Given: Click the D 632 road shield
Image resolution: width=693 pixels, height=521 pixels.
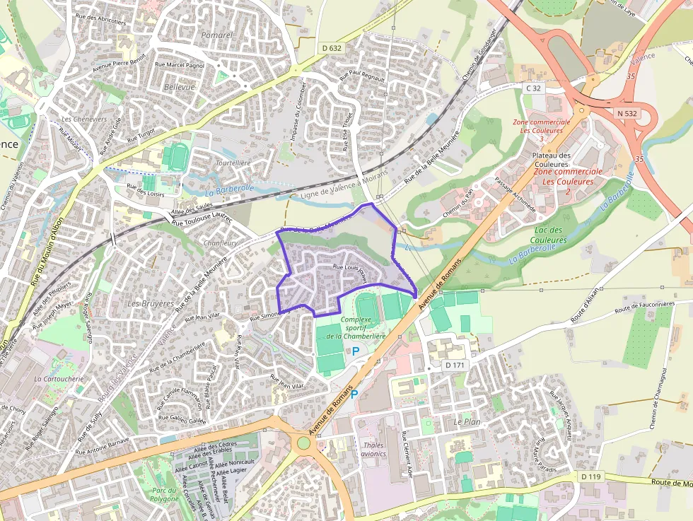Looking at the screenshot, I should click(331, 48).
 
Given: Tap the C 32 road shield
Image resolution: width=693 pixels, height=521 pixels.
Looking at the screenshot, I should click(533, 88).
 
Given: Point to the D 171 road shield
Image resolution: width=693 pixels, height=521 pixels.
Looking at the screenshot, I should click(455, 365).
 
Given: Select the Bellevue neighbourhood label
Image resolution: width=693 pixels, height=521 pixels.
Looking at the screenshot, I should click(179, 86).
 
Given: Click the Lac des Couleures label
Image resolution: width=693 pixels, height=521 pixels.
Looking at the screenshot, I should click(548, 235).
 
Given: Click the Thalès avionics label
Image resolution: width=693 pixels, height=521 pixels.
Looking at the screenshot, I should click(373, 449).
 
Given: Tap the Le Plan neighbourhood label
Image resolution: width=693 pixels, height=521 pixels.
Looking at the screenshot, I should click(467, 421).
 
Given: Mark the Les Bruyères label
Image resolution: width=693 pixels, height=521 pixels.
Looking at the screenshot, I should click(150, 303).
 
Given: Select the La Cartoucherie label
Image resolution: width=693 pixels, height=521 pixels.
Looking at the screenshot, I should click(59, 379).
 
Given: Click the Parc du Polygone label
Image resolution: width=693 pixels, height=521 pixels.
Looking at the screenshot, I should click(165, 493).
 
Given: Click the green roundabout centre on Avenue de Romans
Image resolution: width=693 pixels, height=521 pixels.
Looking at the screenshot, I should click(304, 443).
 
